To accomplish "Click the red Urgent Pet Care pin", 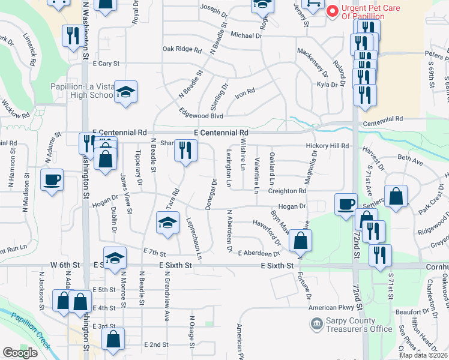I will click(x=331, y=10).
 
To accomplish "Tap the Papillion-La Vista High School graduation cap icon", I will click(x=126, y=92).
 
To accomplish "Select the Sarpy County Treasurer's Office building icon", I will click(x=315, y=325).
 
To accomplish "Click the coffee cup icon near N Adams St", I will click(x=52, y=179).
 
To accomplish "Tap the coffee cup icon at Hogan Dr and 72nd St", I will click(x=346, y=204).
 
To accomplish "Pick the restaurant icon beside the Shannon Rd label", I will click(x=186, y=151).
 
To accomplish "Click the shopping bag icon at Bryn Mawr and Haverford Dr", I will click(x=300, y=241).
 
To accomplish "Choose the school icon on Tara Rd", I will click(x=167, y=223).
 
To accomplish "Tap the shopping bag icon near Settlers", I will click(x=396, y=196).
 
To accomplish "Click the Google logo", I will click(x=20, y=353).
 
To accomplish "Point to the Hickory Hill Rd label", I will click(x=327, y=146).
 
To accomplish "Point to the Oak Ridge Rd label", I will click(x=181, y=49).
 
